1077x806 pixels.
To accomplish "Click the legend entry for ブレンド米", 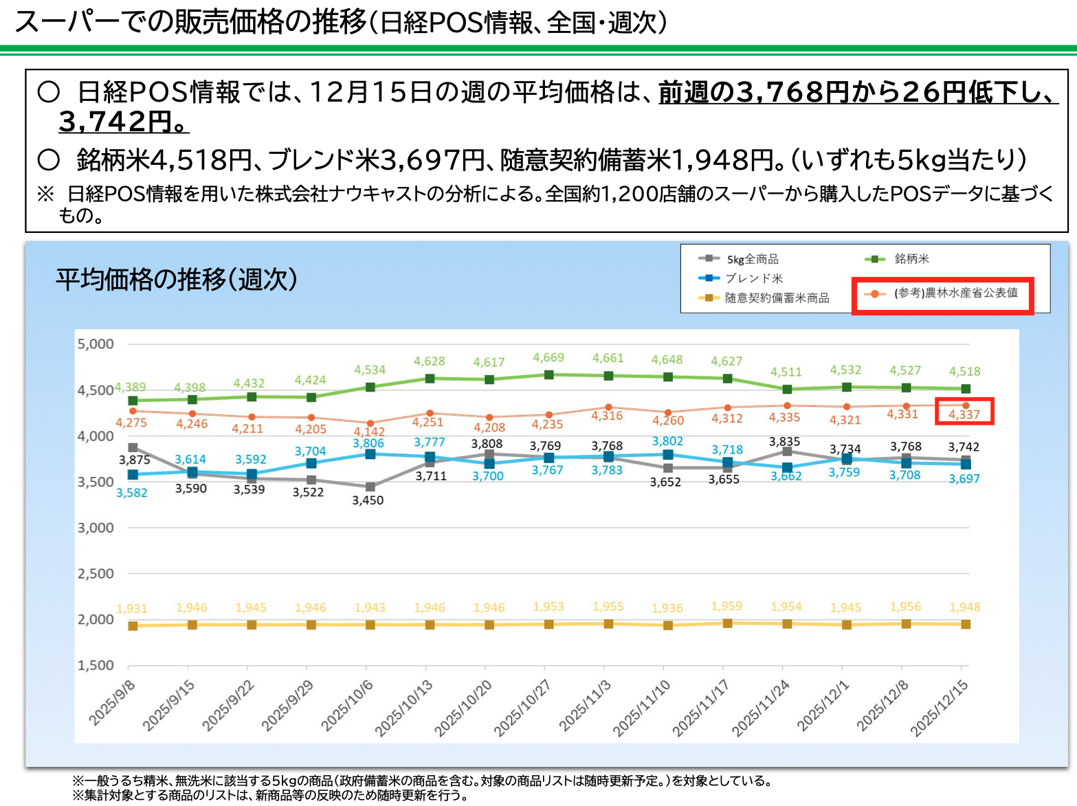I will [x=753, y=278].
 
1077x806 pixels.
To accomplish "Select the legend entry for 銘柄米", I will [x=911, y=259].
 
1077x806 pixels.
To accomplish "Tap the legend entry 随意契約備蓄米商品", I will [x=777, y=298].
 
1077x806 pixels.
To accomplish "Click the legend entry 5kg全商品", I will [x=753, y=259].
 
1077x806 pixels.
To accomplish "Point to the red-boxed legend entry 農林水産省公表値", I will [x=955, y=293].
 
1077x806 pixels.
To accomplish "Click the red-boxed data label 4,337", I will [x=964, y=414].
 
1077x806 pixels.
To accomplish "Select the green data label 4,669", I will [x=548, y=357].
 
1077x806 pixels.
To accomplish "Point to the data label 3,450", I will [x=368, y=500].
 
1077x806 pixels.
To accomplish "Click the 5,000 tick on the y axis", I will [x=96, y=344].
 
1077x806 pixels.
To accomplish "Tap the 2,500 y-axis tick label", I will [x=96, y=573].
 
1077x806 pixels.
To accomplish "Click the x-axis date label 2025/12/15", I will [x=939, y=708].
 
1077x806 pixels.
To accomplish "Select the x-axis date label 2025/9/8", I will [x=112, y=702].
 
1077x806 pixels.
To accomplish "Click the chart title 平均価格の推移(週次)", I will [x=177, y=280].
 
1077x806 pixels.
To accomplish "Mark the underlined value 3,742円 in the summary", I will [x=122, y=122].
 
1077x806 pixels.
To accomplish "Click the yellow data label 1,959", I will [x=726, y=605].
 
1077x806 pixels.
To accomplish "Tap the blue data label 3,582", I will [x=131, y=493].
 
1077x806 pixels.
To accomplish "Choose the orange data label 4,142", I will [x=369, y=432].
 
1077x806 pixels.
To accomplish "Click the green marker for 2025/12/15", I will [x=966, y=389].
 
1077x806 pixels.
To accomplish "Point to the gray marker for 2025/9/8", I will [x=133, y=447].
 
